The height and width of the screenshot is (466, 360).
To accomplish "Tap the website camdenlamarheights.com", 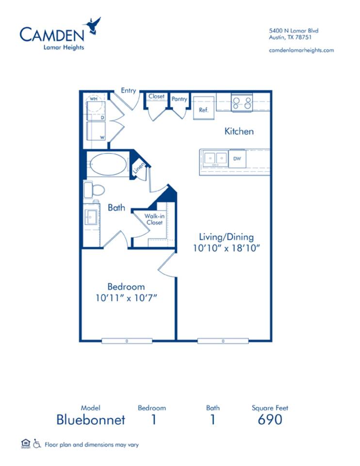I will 301,50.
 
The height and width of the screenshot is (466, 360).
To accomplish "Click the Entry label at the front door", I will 129,90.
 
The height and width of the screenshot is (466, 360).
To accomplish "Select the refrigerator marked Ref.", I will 204,108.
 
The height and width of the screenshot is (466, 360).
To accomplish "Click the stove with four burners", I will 242,102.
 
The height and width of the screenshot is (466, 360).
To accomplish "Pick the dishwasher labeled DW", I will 237,158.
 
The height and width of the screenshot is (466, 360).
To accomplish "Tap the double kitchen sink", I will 215,158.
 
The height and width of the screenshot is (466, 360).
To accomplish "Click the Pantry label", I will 179,99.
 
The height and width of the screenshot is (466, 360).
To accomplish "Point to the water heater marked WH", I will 94,99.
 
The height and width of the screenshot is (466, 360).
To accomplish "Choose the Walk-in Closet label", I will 154,219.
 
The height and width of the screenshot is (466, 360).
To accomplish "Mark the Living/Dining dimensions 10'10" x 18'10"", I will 227,248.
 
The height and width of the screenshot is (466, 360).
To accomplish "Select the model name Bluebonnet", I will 91,419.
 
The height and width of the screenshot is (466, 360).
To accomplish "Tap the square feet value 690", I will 270,419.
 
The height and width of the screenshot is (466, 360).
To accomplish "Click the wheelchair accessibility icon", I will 37,444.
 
